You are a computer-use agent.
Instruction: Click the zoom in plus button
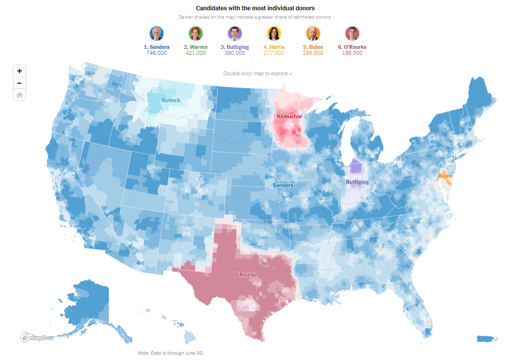pyautogui.click(x=20, y=71)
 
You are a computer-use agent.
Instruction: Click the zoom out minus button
pyautogui.click(x=20, y=83)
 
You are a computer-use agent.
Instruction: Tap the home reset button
pyautogui.click(x=20, y=95)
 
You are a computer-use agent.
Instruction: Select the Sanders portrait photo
pyautogui.click(x=157, y=33)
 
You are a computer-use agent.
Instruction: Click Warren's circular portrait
pyautogui.click(x=196, y=33)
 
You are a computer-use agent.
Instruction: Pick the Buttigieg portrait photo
pyautogui.click(x=235, y=33)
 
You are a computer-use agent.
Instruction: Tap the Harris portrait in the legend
pyautogui.click(x=274, y=33)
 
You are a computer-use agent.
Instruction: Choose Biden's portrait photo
pyautogui.click(x=313, y=33)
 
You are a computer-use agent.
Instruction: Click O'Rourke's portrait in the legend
pyautogui.click(x=352, y=33)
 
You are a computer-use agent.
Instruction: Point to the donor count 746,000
pyautogui.click(x=157, y=53)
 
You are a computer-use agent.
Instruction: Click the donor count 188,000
pyautogui.click(x=352, y=53)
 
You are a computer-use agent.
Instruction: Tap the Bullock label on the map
pyautogui.click(x=171, y=100)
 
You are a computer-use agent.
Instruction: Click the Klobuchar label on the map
pyautogui.click(x=290, y=117)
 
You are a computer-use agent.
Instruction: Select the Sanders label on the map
pyautogui.click(x=283, y=185)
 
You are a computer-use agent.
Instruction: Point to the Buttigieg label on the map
pyautogui.click(x=357, y=182)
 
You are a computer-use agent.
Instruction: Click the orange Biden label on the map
pyautogui.click(x=445, y=176)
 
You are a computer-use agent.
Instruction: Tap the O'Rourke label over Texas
pyautogui.click(x=246, y=275)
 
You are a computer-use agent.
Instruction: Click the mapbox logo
pyautogui.click(x=37, y=338)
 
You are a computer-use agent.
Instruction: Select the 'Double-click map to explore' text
pyautogui.click(x=257, y=73)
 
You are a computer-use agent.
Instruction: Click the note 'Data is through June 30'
pyautogui.click(x=170, y=353)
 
